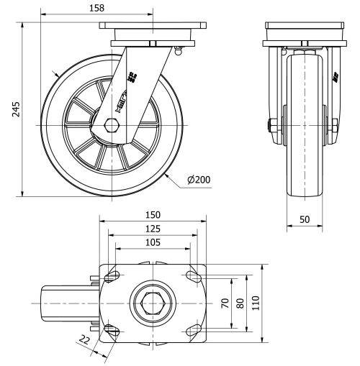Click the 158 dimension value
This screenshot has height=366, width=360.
click(95, 8)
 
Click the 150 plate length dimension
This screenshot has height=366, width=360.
click(152, 215)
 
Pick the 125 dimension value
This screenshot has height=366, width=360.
click(152, 228)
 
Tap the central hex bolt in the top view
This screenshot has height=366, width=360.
click(152, 303)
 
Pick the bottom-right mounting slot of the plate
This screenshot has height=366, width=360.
click(193, 330)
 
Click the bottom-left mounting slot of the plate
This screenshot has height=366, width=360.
click(112, 330)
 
